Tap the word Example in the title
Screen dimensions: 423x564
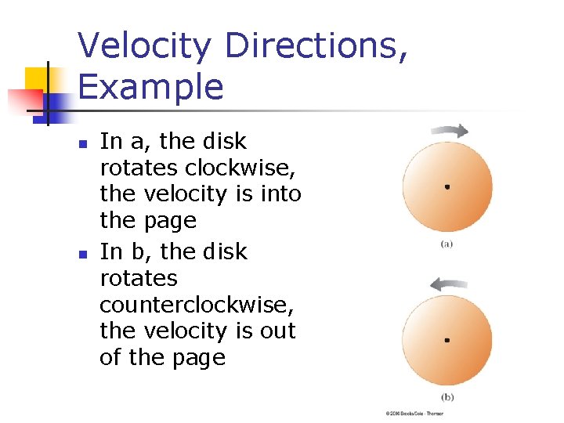click(150, 86)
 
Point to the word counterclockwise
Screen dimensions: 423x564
click(197, 305)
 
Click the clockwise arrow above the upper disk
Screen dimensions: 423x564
click(448, 132)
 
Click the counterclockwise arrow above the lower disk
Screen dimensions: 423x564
click(446, 284)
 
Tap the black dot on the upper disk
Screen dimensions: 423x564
click(446, 187)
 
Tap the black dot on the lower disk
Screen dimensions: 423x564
click(446, 340)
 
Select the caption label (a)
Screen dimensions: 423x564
click(446, 244)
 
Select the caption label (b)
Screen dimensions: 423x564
click(446, 396)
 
